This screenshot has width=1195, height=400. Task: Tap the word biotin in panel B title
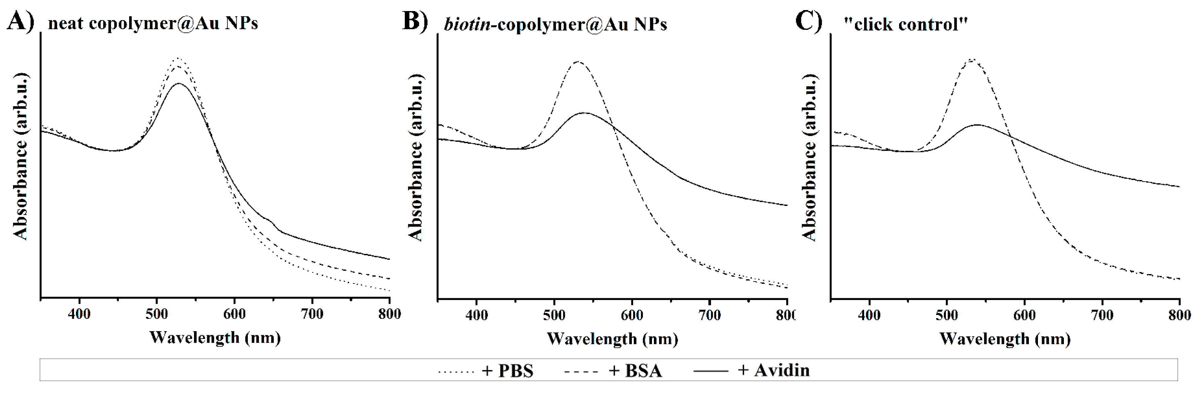tap(467, 24)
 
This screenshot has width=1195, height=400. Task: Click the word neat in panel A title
tap(66, 23)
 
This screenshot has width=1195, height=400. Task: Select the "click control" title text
tap(905, 24)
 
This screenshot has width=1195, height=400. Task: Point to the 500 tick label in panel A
tap(156, 314)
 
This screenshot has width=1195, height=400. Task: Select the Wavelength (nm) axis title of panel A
tap(215, 338)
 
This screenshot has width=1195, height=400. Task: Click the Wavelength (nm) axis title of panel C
tap(1005, 339)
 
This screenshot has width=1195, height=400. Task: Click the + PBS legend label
tap(507, 371)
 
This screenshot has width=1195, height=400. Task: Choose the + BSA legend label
tap(635, 371)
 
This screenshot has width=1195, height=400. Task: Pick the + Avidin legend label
tap(773, 370)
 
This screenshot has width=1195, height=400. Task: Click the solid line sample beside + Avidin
tap(711, 371)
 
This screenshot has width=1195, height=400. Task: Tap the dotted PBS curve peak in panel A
tap(178, 58)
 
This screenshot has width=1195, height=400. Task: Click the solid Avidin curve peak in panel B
tap(585, 113)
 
